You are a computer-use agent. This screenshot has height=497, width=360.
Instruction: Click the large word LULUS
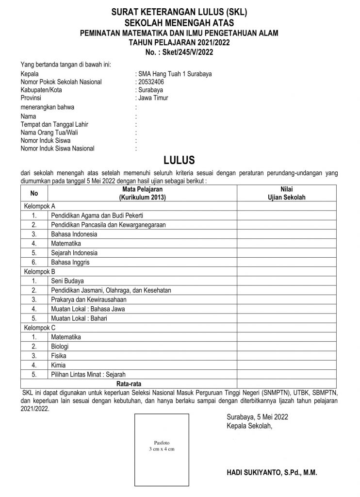179,160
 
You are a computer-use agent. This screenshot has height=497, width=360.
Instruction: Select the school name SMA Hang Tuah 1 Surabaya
175,74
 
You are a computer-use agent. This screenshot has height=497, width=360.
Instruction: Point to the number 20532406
152,82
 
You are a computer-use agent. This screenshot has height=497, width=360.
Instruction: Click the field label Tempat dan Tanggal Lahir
54,125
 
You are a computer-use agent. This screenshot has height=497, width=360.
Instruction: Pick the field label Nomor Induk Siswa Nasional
58,149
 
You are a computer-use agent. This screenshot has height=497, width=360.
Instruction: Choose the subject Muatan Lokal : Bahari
79,318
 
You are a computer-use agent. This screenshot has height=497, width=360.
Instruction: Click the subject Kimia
58,365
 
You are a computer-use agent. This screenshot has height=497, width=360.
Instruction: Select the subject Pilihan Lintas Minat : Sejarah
88,374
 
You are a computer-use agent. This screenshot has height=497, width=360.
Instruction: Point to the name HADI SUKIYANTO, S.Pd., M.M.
271,472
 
